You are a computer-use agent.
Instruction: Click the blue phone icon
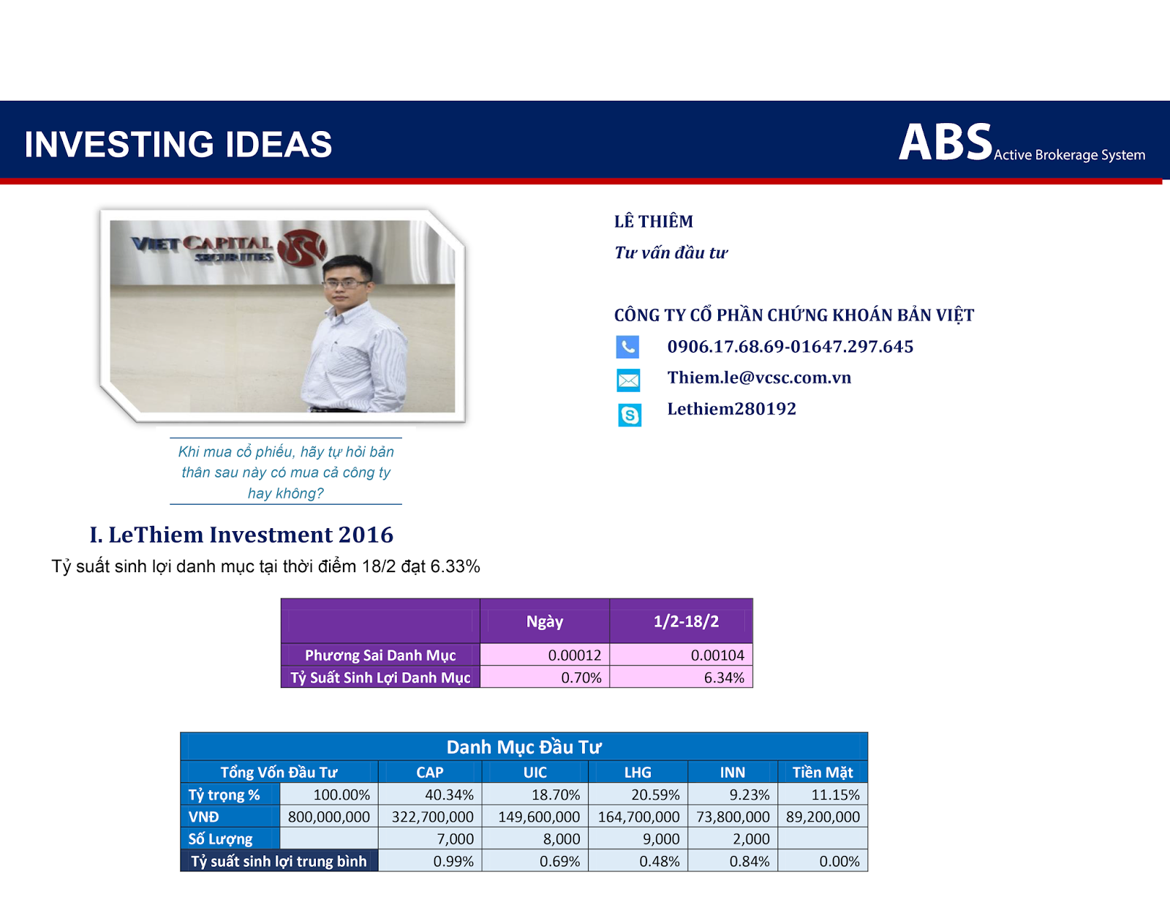(627, 347)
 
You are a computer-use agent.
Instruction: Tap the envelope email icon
(628, 380)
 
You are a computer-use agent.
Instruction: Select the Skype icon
(630, 415)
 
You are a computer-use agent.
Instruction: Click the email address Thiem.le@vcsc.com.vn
(759, 378)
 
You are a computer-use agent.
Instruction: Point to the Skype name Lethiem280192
(732, 409)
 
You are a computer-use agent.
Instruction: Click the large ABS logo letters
(946, 142)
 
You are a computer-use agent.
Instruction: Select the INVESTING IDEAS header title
(178, 144)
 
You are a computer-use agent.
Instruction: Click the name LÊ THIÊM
(654, 222)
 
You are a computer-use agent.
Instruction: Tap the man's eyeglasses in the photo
(345, 283)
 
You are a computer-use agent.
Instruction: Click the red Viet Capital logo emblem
(302, 248)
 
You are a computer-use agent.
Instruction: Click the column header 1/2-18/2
(686, 621)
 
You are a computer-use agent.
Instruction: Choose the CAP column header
(430, 772)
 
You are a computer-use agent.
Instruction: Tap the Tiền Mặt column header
(822, 772)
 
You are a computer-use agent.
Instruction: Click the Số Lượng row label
(220, 838)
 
